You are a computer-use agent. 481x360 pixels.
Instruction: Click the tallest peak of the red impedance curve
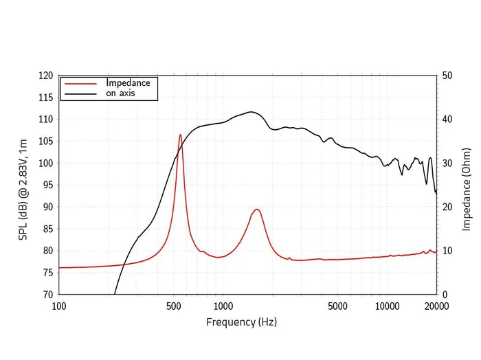(x=180, y=135)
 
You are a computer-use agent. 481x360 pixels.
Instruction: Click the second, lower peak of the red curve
(x=256, y=210)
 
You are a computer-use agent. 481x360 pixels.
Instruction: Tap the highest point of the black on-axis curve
(x=251, y=112)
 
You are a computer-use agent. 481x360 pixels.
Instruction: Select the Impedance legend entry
(x=128, y=82)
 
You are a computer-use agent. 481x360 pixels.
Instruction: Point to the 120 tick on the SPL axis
(x=46, y=76)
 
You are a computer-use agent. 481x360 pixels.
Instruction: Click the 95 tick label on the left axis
(x=48, y=185)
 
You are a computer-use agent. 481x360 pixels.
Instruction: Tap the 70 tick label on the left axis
(x=48, y=294)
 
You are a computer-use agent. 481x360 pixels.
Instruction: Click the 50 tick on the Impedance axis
(x=447, y=76)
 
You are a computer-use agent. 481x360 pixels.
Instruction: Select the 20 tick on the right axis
(x=447, y=207)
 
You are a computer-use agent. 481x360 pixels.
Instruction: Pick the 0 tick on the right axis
(x=445, y=294)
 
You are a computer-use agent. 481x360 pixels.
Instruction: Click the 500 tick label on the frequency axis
(x=173, y=306)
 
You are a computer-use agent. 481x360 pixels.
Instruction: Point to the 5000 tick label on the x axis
(x=337, y=306)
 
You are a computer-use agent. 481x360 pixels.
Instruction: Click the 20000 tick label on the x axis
(x=436, y=306)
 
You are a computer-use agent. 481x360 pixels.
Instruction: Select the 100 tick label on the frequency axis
(x=59, y=306)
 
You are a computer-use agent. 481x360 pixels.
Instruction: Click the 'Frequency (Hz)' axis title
(x=241, y=322)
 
